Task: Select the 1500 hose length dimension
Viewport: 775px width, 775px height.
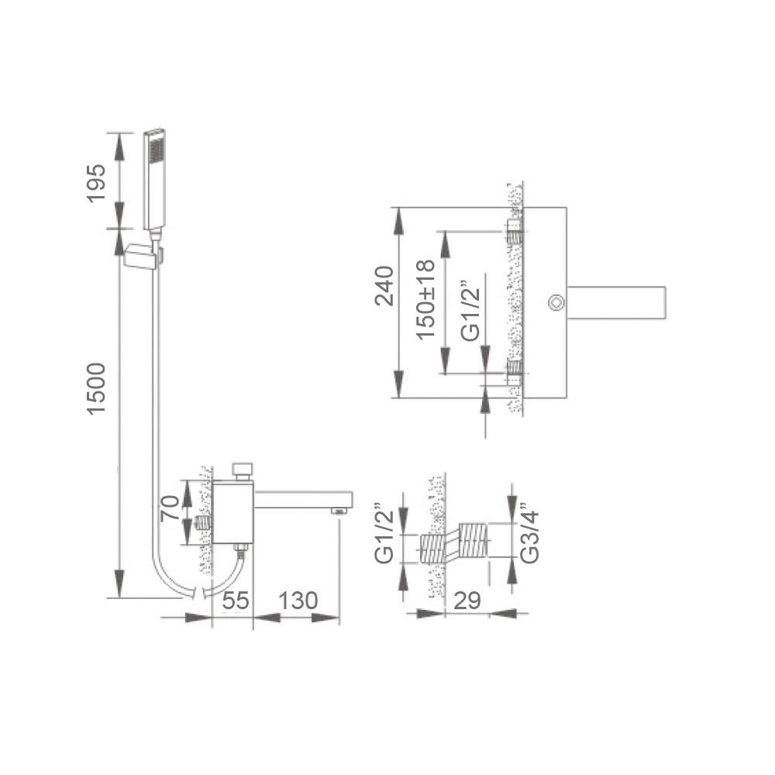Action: click(96, 388)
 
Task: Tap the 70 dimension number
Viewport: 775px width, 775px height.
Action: click(170, 508)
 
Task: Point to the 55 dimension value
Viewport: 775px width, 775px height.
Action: click(236, 601)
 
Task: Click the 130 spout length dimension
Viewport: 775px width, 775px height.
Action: click(298, 601)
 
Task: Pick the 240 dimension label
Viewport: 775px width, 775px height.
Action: click(384, 286)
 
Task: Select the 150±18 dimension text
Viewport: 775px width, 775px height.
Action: click(425, 299)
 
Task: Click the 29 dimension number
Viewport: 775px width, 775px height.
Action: click(467, 601)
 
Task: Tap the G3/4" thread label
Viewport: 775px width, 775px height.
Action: click(530, 533)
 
